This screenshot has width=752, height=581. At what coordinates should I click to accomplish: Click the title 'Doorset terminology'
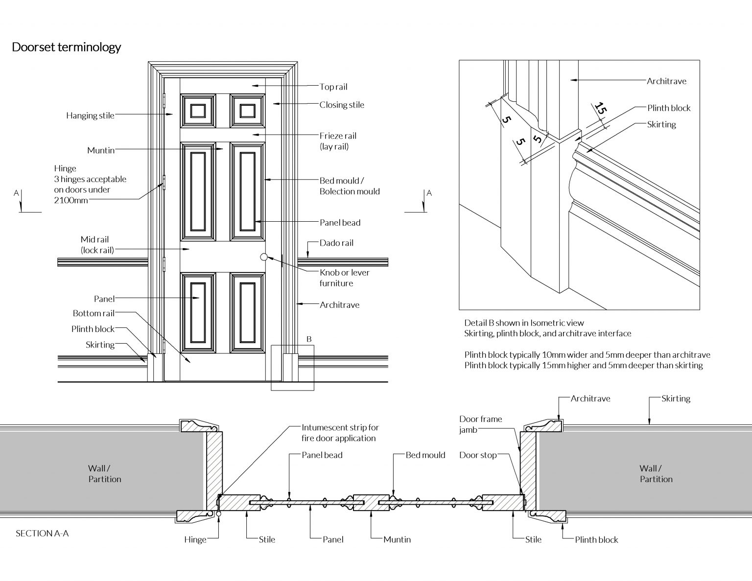coord(66,47)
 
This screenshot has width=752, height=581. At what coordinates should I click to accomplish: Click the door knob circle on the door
coord(264,256)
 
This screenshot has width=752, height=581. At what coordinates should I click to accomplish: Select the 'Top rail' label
coord(333,87)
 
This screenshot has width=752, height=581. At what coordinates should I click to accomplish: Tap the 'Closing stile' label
coord(342,105)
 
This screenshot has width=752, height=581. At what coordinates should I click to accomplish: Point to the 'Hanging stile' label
coord(90,116)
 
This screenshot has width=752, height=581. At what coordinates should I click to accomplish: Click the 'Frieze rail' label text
coord(338,136)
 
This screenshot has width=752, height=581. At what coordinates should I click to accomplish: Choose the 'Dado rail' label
coord(336,243)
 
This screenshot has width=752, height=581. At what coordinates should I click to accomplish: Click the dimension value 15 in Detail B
coord(601,111)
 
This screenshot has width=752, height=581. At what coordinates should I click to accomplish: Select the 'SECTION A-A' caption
coord(42,533)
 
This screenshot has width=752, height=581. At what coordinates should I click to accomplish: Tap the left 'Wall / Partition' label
coord(105,474)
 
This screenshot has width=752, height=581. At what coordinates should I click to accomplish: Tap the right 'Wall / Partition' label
coord(656,474)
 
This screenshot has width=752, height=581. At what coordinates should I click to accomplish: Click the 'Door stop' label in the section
coord(478,455)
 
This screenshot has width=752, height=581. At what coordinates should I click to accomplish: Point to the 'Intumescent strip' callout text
coord(340,433)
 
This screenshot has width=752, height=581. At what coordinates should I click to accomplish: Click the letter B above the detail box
coord(309,339)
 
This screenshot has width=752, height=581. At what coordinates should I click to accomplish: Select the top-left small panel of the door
coord(198,111)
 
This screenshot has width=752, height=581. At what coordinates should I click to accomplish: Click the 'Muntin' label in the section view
coord(397,539)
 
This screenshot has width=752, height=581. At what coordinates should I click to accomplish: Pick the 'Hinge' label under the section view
coord(195,539)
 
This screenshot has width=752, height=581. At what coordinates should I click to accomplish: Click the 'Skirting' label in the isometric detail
coord(661,124)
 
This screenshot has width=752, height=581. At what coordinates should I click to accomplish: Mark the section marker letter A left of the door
coord(16,193)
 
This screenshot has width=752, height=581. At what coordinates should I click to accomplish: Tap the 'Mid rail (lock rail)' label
coord(97,245)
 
